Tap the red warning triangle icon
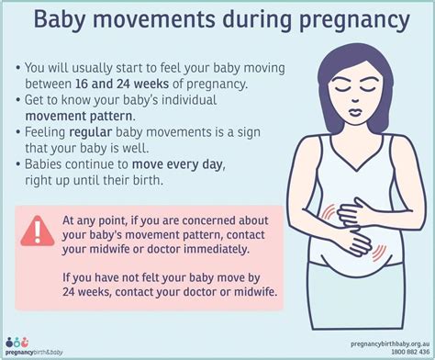(x=37, y=226)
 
